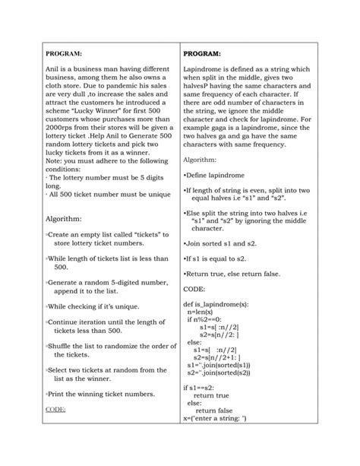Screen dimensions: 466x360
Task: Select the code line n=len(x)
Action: click(x=201, y=312)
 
